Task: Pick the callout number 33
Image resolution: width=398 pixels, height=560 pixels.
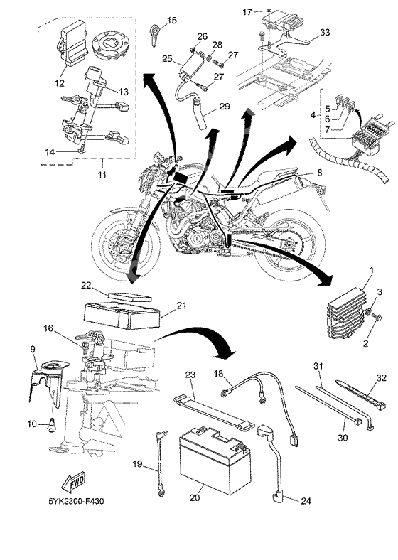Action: pos(323,32)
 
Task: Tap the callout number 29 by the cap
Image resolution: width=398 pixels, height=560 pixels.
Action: pos(224,106)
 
